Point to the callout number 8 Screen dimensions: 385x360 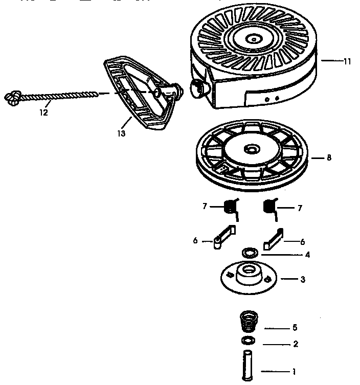329,158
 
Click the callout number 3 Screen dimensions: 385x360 303,279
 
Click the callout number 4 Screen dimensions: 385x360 307,254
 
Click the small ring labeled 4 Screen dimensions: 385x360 250,252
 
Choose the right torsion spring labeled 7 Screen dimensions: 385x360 269,208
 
